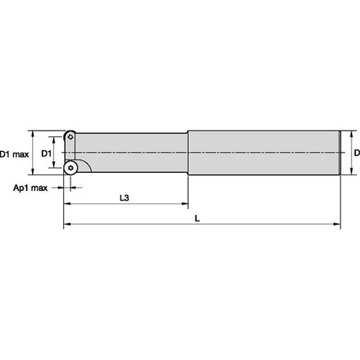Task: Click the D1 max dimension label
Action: tap(14, 154)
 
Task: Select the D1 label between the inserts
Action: tap(46, 153)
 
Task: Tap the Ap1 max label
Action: tap(31, 188)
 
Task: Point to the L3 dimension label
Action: tap(124, 198)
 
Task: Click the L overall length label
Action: tap(197, 218)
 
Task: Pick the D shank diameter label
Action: tap(357, 153)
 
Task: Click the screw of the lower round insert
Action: tap(70, 168)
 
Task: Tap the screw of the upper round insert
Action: tap(70, 137)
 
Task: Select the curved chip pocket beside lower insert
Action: tap(84, 166)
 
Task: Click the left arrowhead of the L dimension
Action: tap(67, 224)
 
